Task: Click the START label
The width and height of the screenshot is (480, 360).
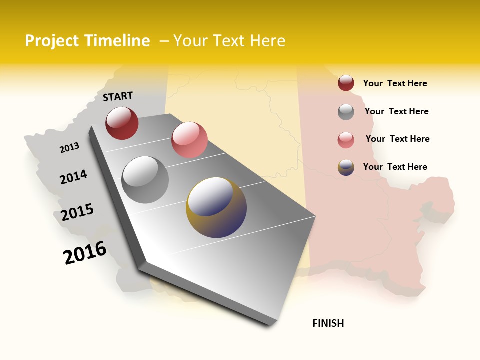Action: (x=118, y=96)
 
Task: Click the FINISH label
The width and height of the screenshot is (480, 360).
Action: (x=328, y=323)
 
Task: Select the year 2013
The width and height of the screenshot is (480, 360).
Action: (x=69, y=147)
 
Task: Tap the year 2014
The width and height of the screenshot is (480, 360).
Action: (x=73, y=177)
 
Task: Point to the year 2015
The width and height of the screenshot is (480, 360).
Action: (x=77, y=212)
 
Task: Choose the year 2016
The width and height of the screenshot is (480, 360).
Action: (x=85, y=252)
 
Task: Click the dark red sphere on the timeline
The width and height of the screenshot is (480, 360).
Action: (x=122, y=123)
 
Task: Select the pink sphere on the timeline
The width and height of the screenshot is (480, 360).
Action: (x=189, y=140)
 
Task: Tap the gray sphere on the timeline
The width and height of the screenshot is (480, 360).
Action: (x=145, y=179)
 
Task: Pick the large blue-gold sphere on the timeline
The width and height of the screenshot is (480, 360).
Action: (x=216, y=207)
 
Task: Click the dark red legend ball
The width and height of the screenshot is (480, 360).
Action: (x=346, y=83)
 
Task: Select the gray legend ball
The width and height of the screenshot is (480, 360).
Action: (x=346, y=112)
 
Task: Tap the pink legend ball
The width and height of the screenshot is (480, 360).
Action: (x=346, y=139)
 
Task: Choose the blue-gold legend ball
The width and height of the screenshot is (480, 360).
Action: (x=346, y=167)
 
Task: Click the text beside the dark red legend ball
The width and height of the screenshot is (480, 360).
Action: (x=395, y=83)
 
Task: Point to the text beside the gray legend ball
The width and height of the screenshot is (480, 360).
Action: (x=396, y=111)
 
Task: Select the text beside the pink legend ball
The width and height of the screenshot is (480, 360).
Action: (x=397, y=139)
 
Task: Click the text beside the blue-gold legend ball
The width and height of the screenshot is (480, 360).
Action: (x=395, y=167)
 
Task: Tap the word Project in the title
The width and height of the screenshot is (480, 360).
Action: (x=52, y=41)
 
